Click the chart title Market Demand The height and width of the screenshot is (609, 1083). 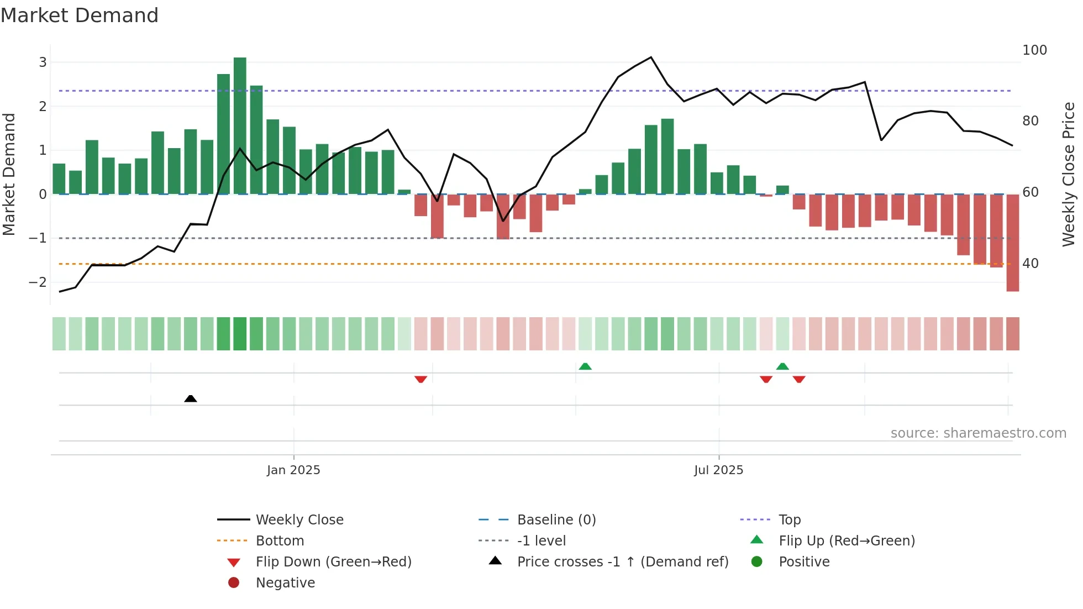point(80,15)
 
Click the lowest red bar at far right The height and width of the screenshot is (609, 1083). point(1012,243)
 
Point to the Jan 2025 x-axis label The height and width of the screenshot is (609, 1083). point(293,470)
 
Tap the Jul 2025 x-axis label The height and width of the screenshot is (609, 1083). point(718,470)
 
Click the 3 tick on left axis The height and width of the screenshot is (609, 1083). point(43,62)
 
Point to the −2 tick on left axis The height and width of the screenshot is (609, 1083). point(38,282)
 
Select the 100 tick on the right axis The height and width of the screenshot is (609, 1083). point(1034,50)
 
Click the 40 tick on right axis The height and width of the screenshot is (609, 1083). point(1030,264)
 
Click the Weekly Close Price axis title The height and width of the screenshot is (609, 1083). point(1069,174)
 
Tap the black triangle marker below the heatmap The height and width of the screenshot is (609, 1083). point(191,398)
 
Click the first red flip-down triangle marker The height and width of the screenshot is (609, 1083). point(420,379)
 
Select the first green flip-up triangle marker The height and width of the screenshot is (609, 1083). point(585,366)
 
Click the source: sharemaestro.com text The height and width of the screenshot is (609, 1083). point(978,433)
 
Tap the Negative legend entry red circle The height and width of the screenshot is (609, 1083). point(234,583)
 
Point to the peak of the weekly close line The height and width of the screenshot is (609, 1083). point(651,57)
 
